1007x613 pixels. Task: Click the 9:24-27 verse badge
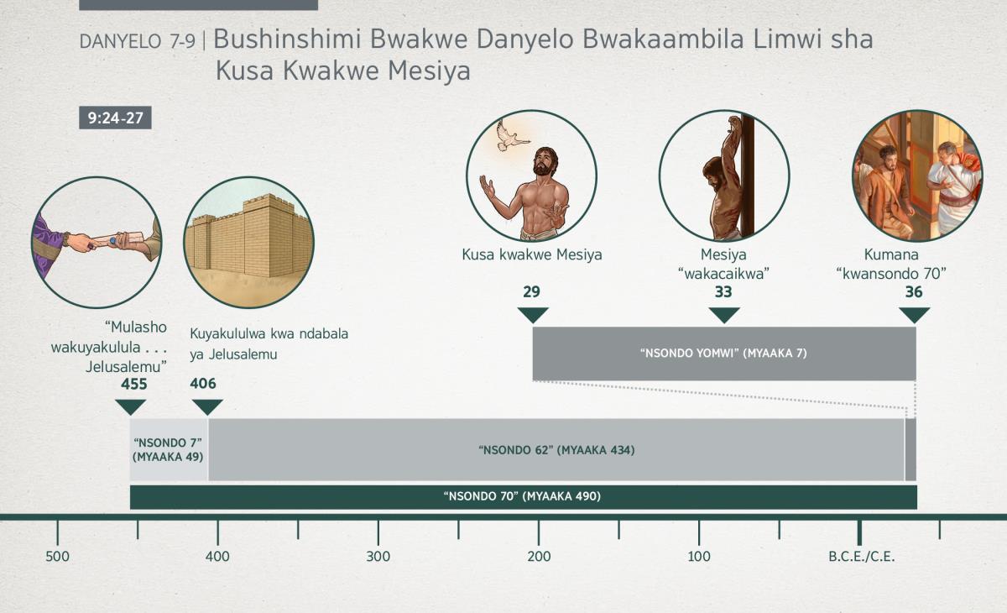click(115, 118)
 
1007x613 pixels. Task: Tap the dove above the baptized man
click(510, 136)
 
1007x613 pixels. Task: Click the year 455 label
click(134, 384)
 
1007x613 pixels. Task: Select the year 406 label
click(203, 384)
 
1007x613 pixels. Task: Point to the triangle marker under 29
click(533, 315)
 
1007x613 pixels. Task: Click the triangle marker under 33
click(724, 315)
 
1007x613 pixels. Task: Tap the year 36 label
click(914, 292)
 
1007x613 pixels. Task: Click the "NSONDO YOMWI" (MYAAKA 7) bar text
click(723, 354)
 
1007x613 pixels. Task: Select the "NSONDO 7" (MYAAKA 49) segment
click(169, 450)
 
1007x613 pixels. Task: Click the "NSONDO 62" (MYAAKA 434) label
click(556, 450)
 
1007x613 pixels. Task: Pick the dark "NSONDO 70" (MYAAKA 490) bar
click(524, 497)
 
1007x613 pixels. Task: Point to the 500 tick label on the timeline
click(58, 557)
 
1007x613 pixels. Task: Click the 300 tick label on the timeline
click(378, 557)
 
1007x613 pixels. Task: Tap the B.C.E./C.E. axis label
click(862, 557)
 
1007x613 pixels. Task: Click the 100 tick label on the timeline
click(699, 557)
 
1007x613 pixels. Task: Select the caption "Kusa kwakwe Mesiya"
click(532, 255)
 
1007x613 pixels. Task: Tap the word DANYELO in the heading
click(120, 42)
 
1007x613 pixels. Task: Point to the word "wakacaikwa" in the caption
click(723, 274)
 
